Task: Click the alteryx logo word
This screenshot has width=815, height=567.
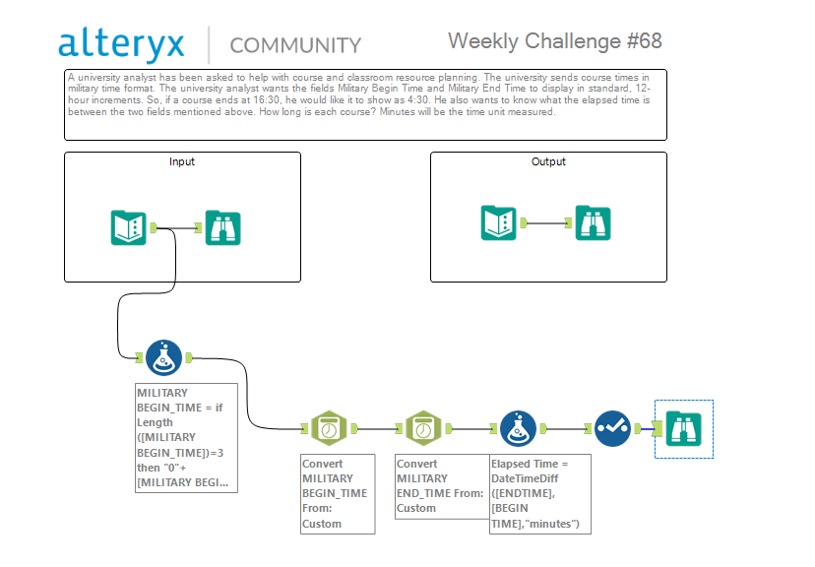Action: tap(121, 43)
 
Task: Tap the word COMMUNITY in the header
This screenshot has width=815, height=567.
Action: tap(295, 45)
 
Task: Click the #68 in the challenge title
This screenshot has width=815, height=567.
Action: tap(645, 41)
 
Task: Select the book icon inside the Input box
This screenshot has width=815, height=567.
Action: tap(128, 227)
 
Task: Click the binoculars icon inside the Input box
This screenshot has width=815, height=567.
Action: tap(223, 227)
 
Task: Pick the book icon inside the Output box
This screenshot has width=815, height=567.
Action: tap(498, 222)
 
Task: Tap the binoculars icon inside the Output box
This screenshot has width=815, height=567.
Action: tap(594, 222)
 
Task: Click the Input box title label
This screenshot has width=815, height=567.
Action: tap(182, 161)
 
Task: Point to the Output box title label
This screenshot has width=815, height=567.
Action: tap(548, 161)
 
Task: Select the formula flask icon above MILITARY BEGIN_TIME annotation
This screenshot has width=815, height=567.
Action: tap(163, 357)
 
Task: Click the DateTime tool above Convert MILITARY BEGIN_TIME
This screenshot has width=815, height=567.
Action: tap(329, 429)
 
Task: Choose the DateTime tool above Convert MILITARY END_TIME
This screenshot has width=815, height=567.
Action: tap(423, 429)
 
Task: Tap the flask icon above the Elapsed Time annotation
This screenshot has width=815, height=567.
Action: tap(518, 429)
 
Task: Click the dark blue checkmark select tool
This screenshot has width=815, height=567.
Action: tap(613, 429)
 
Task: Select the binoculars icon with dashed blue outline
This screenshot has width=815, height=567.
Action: tap(684, 429)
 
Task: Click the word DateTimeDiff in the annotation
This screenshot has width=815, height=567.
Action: tap(525, 478)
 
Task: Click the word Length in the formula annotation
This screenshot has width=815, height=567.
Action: tap(155, 422)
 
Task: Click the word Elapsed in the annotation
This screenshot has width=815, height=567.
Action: tap(510, 464)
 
